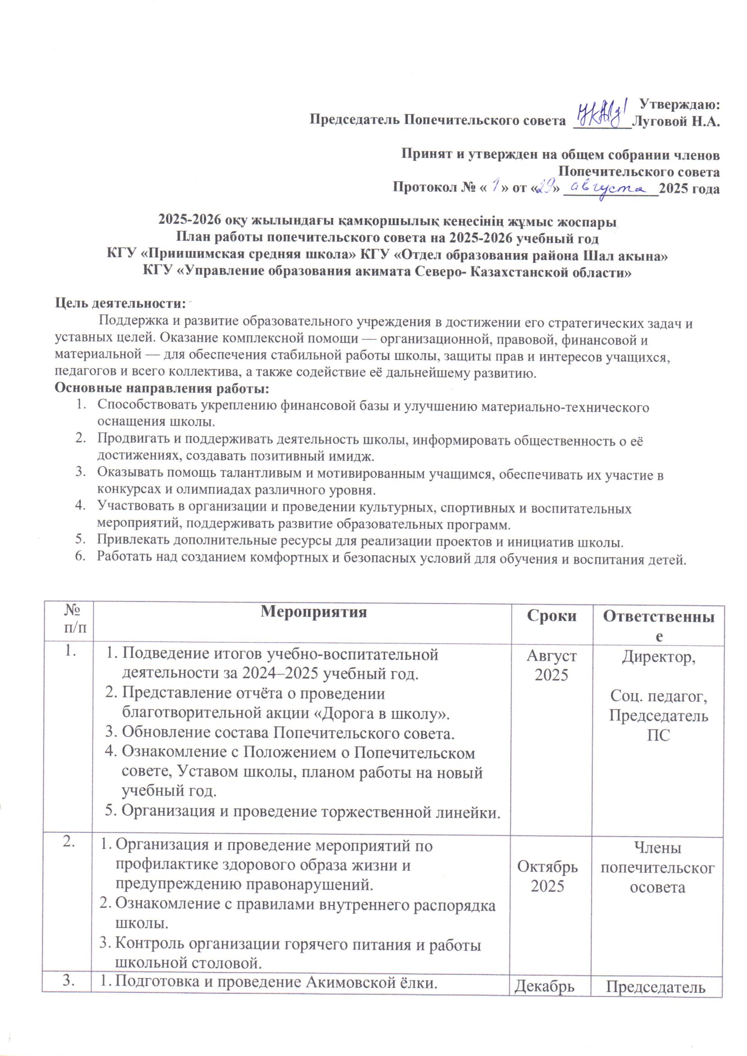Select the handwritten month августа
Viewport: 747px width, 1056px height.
pos(611,188)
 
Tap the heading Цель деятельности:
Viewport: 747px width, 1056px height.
pos(120,304)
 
